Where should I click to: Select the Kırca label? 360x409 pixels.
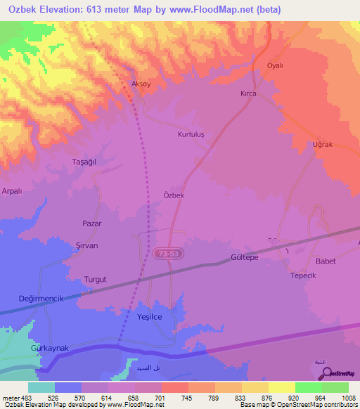(x=248, y=93)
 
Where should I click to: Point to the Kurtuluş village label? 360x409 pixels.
(x=191, y=134)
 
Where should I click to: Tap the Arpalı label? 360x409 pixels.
(x=13, y=190)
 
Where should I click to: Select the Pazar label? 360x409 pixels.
(x=92, y=223)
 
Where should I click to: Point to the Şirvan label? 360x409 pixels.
(x=86, y=245)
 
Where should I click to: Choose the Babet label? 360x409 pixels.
(x=326, y=261)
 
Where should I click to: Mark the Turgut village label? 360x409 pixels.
(x=95, y=279)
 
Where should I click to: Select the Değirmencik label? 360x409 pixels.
(x=41, y=299)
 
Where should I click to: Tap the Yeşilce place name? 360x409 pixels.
(x=149, y=317)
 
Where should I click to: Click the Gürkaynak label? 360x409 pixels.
(x=49, y=349)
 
